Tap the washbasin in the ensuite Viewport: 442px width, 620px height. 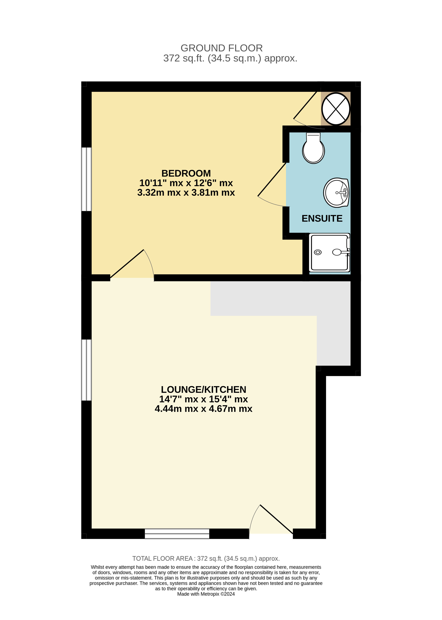point(336,193)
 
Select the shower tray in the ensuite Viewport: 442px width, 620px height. point(329,252)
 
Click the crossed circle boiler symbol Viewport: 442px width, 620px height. point(336,109)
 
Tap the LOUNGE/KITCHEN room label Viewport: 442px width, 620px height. point(204,390)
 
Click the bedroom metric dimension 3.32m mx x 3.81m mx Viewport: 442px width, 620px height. point(186,193)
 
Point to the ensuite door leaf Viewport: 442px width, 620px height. point(272,179)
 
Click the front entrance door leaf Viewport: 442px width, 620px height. point(277,519)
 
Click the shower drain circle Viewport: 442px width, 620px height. point(318,252)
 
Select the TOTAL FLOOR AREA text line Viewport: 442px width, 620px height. point(206,559)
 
